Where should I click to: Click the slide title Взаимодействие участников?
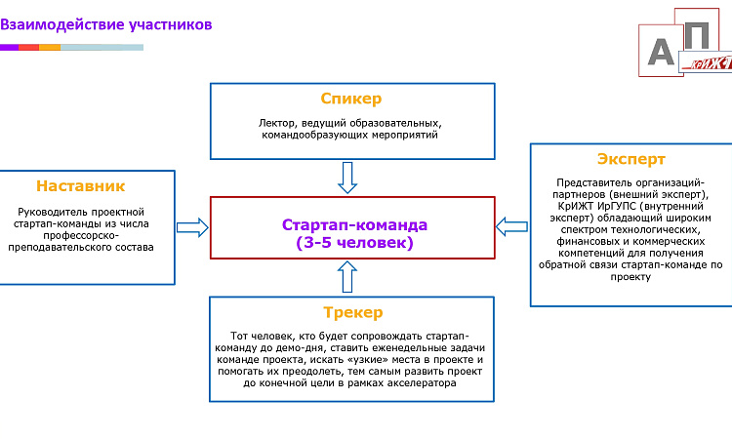105,24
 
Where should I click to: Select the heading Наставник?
81,185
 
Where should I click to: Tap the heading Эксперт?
630,159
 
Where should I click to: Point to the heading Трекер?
352,312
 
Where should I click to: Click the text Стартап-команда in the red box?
354,225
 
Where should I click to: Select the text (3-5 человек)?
354,243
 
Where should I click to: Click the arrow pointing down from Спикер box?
347,177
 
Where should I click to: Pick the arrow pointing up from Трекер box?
347,278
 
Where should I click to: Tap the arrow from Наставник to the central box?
192,227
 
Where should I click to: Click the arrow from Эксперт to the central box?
511,226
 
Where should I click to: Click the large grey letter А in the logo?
663,51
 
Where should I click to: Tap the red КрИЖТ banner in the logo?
711,63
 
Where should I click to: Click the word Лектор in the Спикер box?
278,124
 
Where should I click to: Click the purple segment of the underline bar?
9,47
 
